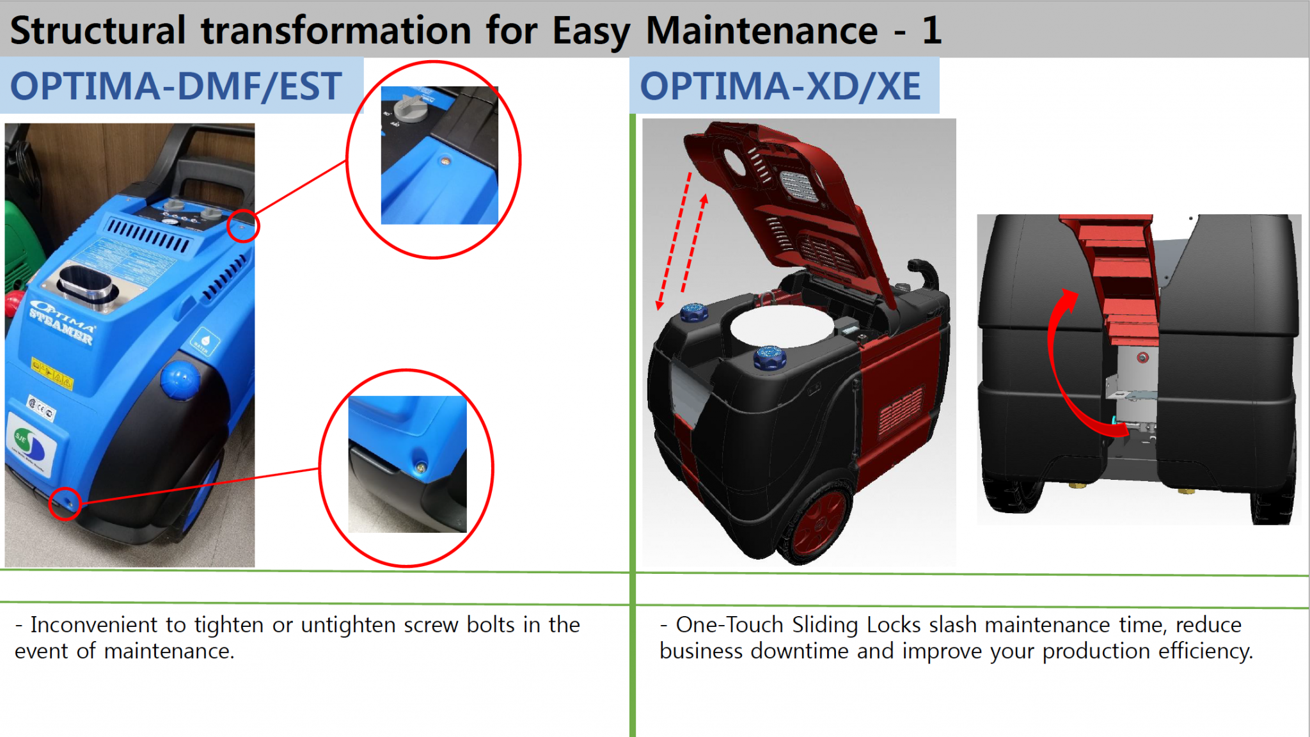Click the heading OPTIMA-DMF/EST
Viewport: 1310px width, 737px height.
(176, 86)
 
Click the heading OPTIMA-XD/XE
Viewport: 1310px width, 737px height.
(780, 86)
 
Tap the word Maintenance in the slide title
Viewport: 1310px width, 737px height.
(761, 31)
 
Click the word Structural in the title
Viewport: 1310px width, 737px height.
(98, 31)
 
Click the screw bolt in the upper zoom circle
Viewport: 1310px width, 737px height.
(445, 161)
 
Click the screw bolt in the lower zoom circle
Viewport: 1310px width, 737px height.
(420, 468)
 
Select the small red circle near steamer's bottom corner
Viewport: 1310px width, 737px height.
(65, 503)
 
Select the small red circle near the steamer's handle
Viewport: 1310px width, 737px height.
(243, 226)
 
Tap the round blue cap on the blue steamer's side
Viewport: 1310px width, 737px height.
(180, 379)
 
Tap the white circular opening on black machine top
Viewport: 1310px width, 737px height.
(782, 324)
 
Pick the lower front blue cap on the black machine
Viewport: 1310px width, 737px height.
(769, 357)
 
